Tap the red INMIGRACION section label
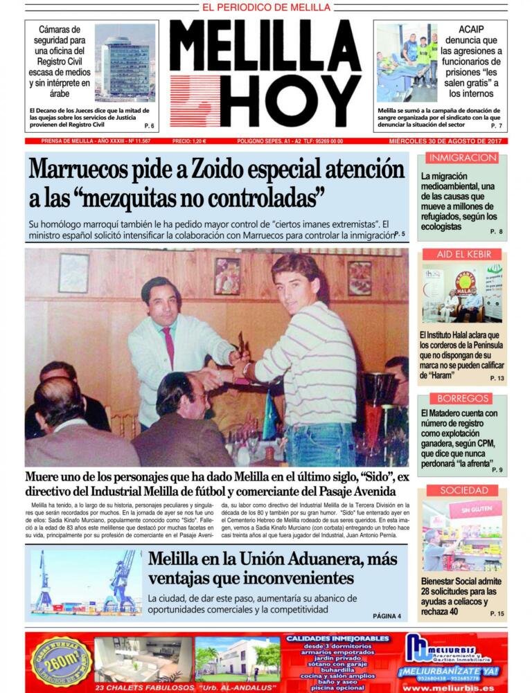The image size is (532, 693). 462,158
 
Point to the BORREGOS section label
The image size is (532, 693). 462,398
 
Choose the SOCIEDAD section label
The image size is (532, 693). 462,490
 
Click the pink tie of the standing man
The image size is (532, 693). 168,345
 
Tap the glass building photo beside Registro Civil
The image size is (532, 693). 125,63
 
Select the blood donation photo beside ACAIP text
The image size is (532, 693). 407,63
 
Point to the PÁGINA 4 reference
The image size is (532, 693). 387,615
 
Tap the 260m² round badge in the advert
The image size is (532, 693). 61,662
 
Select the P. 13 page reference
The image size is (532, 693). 497,379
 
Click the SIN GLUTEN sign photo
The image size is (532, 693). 462,536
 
